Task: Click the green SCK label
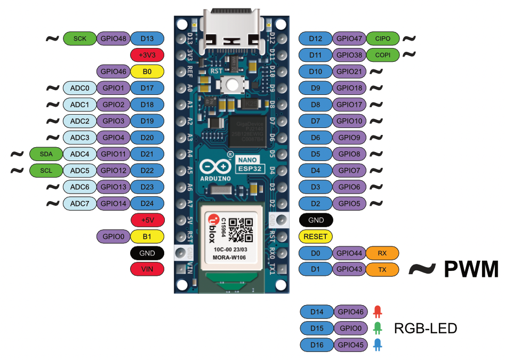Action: (x=80, y=38)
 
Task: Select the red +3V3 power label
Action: (x=147, y=55)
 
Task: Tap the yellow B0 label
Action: (x=147, y=71)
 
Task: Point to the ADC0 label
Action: (x=79, y=88)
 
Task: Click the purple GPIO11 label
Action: (x=113, y=154)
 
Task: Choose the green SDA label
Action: (x=46, y=154)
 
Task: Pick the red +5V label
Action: (x=147, y=220)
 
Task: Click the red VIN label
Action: (x=147, y=269)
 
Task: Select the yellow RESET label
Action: (x=316, y=236)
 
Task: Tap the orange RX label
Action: (x=382, y=253)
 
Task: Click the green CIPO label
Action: (x=382, y=38)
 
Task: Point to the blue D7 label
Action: (x=316, y=121)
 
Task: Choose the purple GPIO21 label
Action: (x=349, y=71)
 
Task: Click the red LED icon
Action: (x=378, y=311)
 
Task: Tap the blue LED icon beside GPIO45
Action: (x=378, y=345)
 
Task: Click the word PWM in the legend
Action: (x=470, y=270)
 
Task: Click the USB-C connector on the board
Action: (x=231, y=29)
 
